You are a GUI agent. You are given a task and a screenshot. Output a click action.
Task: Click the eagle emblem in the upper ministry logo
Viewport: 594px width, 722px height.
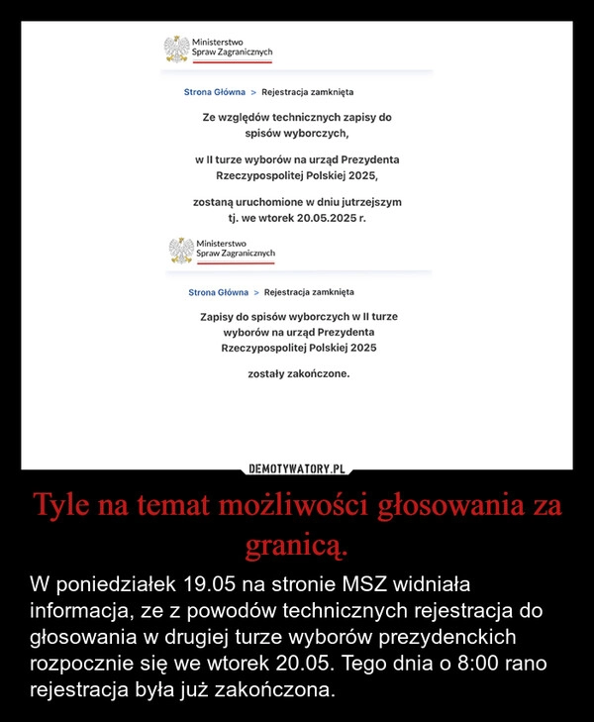pyautogui.click(x=176, y=50)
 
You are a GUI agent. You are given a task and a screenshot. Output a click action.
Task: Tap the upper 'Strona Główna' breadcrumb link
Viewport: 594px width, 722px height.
pyautogui.click(x=215, y=92)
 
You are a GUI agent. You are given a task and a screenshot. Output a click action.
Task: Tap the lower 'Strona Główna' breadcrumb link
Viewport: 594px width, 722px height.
pyautogui.click(x=219, y=293)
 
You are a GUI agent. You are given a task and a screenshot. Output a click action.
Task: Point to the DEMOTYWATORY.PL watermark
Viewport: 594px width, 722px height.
pyautogui.click(x=297, y=468)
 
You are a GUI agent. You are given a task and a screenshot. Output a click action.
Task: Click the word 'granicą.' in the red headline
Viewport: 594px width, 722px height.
pyautogui.click(x=297, y=545)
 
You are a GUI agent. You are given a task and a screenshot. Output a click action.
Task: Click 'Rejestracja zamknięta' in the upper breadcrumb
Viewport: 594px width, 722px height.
pyautogui.click(x=308, y=92)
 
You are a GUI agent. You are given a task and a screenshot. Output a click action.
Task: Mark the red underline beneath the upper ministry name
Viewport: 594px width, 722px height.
pyautogui.click(x=233, y=62)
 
